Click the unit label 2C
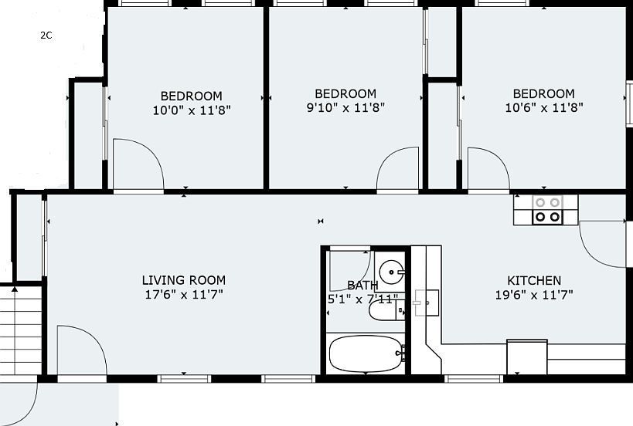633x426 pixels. tap(46, 35)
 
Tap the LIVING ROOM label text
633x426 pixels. tap(184, 280)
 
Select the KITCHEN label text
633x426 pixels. tap(534, 280)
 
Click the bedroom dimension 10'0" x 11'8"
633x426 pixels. tap(192, 110)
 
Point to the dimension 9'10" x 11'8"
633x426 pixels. tap(345, 107)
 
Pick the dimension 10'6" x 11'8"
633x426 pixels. tap(544, 107)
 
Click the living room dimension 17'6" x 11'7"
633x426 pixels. tap(184, 295)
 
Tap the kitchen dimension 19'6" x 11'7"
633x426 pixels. tap(534, 295)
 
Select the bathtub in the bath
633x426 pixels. tap(366, 354)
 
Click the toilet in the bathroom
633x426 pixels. tap(386, 310)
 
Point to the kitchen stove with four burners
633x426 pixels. tap(548, 210)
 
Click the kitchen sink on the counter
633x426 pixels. tap(427, 303)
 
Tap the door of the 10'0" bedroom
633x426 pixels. tap(138, 164)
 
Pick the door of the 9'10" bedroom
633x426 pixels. tap(397, 168)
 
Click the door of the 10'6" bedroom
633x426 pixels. tap(488, 168)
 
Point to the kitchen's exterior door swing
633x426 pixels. tap(602, 244)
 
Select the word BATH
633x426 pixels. tap(362, 286)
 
